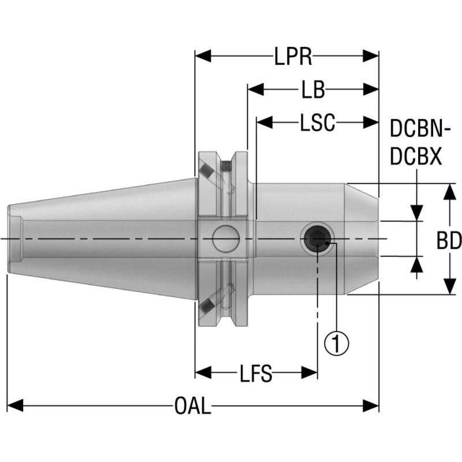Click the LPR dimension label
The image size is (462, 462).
[293, 57]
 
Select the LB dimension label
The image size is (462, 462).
[312, 90]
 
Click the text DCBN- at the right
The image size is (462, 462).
[420, 128]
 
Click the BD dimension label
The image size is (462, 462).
[449, 241]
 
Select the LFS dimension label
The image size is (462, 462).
[256, 374]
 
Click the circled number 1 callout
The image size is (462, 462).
[337, 343]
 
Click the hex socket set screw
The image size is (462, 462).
[317, 239]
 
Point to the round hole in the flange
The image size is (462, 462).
[225, 239]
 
